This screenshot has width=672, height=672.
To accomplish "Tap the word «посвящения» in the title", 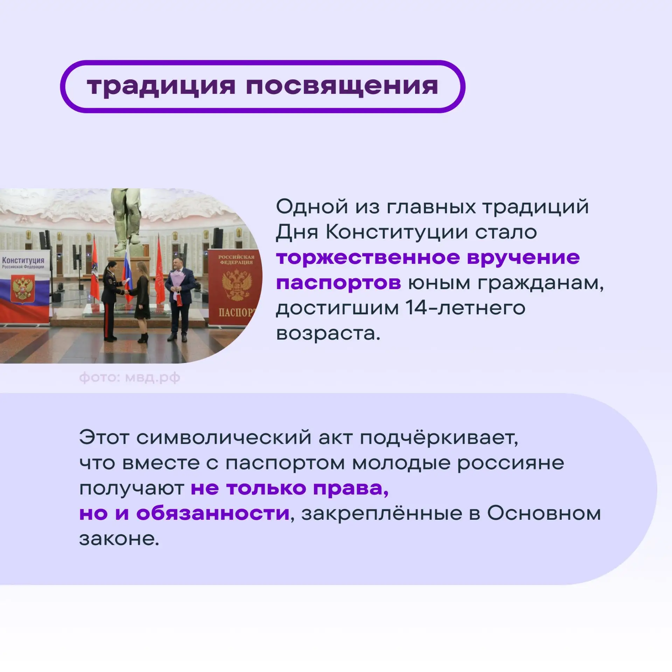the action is click(x=342, y=86).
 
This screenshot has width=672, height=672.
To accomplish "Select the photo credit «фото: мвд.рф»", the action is click(x=129, y=378).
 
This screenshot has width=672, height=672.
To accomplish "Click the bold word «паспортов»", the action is click(x=338, y=283).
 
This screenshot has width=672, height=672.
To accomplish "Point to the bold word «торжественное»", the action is click(x=367, y=258).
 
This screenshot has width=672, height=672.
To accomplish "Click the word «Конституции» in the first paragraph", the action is click(x=397, y=232).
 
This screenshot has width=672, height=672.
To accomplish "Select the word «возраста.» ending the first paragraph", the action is click(x=328, y=334).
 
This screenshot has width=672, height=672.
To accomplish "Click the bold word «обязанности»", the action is click(x=213, y=513).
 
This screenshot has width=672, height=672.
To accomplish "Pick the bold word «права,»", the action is click(x=351, y=489).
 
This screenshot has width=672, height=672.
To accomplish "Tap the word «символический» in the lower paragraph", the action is click(x=224, y=438).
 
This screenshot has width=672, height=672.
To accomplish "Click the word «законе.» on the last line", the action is click(x=119, y=539).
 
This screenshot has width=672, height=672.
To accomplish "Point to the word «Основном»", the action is click(x=544, y=513).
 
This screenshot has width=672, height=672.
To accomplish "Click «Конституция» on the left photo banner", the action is click(x=23, y=260).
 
